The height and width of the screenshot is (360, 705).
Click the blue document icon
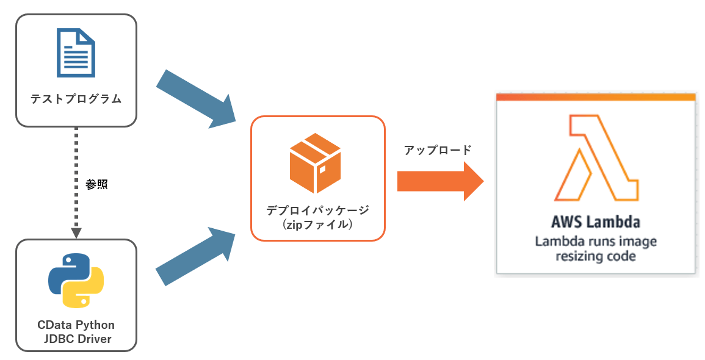coord(76,54)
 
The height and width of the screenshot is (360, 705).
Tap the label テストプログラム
coord(76,99)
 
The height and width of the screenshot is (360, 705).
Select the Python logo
coord(76,280)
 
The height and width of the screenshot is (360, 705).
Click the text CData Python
coord(76,325)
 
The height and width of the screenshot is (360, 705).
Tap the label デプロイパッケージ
coord(318,210)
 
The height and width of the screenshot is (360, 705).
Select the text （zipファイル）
coord(317,225)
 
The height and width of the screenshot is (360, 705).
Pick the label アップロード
coord(438,150)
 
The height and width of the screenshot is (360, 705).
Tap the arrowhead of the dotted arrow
coord(76,232)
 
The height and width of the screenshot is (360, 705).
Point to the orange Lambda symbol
coord(596,159)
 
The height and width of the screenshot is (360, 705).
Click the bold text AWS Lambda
coord(595,221)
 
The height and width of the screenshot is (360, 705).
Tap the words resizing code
coord(595,256)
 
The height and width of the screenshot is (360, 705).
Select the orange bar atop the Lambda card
coord(595,97)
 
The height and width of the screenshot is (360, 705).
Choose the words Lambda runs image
coord(595,241)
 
